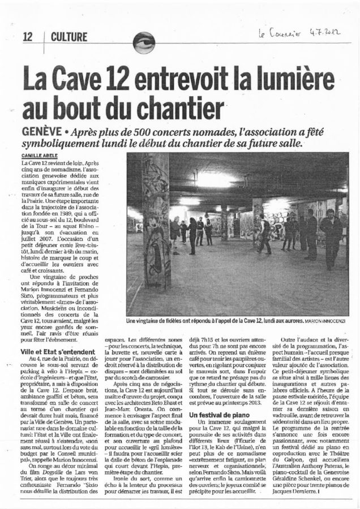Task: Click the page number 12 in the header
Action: [x=27, y=37]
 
